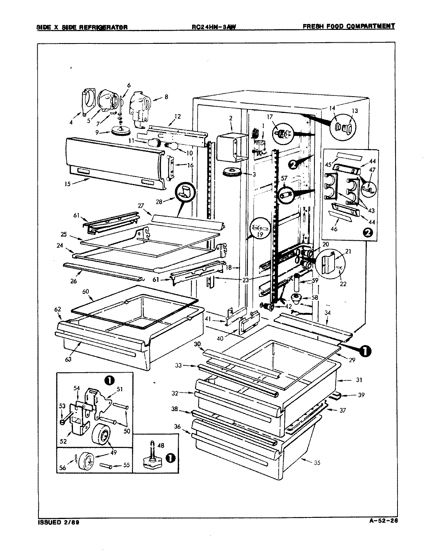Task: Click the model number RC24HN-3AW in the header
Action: (213, 27)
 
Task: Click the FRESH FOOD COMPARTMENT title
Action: (348, 26)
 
